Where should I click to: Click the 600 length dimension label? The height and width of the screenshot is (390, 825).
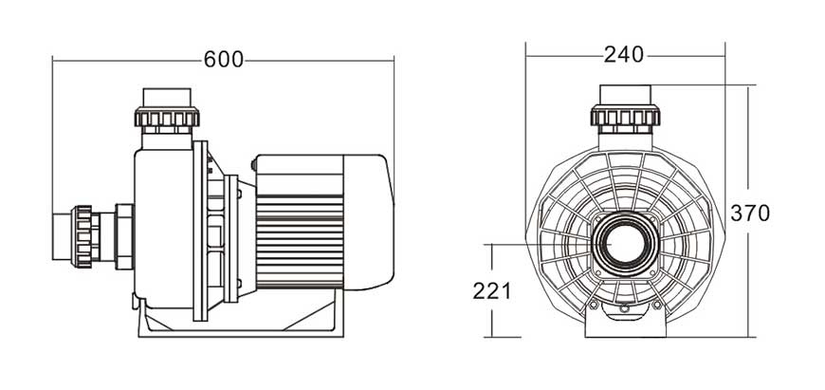224,60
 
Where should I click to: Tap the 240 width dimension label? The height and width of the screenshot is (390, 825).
623,54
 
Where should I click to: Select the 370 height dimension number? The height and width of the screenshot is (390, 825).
750,214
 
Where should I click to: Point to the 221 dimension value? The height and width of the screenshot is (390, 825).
491,291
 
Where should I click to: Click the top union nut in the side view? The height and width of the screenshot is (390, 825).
167,117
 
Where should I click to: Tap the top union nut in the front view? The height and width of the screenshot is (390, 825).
625,115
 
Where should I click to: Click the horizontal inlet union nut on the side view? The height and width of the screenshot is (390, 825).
82,236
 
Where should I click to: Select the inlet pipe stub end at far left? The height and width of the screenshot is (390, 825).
62,237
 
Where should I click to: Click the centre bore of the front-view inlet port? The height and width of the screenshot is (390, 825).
625,244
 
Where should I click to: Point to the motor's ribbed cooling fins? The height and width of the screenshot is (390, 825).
300,242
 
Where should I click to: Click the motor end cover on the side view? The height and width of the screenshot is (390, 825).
368,222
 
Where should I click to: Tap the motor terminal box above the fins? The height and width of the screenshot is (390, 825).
299,175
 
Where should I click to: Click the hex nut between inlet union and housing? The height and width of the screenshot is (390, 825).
124,237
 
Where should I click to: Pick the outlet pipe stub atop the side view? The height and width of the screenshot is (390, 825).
167,98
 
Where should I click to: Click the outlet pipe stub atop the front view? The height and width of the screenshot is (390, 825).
625,95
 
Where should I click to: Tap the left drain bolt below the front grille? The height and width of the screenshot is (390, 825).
594,305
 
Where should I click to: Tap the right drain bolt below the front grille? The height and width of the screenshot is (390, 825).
656,305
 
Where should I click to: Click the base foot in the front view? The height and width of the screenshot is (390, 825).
625,322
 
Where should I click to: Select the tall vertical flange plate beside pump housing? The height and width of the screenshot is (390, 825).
200,231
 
